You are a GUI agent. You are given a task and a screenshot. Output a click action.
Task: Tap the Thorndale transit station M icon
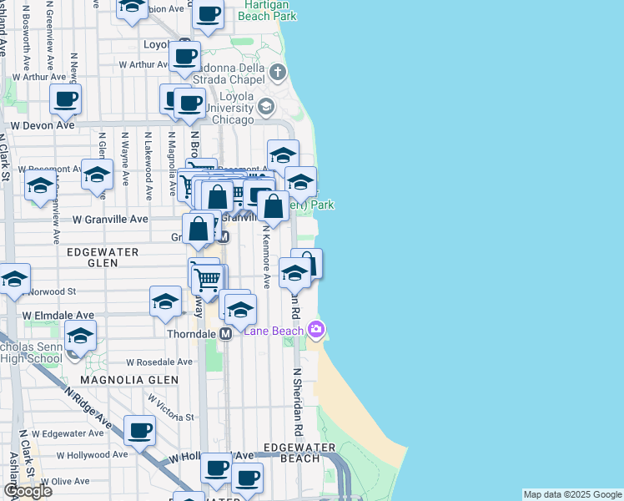pos(225,333)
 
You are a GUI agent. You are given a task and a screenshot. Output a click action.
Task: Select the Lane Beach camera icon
pos(315,330)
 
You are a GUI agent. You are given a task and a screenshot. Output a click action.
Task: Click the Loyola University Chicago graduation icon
pos(265,106)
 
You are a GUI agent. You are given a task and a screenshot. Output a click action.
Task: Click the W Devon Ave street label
pos(43,125)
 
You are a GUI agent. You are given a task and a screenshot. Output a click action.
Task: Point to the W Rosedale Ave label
pos(159,362)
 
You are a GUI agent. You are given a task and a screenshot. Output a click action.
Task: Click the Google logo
pos(28,491)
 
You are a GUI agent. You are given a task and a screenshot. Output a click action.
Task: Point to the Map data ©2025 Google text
pos(573,494)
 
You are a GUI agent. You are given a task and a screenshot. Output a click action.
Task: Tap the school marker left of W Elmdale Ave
pos(80,337)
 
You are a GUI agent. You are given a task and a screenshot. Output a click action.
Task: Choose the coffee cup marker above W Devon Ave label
pos(64,99)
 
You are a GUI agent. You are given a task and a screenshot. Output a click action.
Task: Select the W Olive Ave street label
pos(59,482)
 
